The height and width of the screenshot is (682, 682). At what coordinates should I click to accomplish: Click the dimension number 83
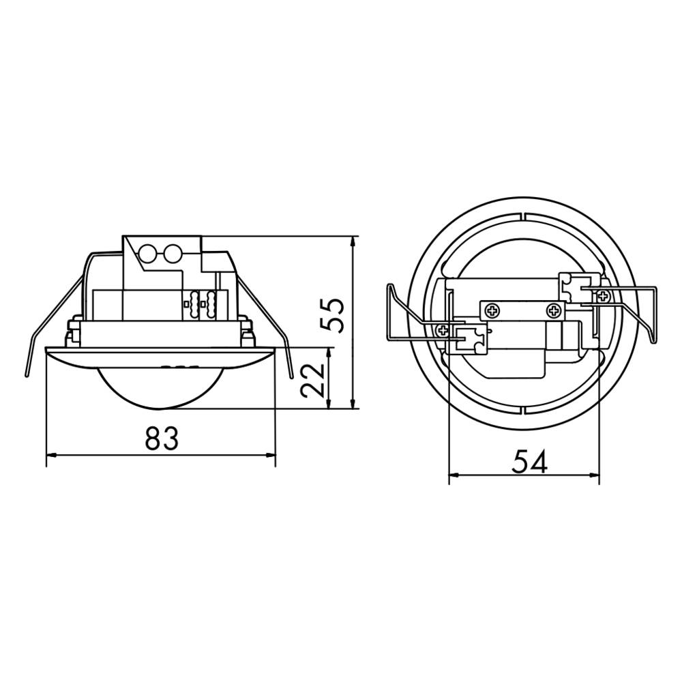point(161,439)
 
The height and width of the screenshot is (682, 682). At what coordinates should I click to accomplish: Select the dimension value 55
point(332,314)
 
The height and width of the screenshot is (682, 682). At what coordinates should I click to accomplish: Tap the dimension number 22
point(312,379)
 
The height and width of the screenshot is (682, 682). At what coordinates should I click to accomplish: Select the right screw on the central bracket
point(554,311)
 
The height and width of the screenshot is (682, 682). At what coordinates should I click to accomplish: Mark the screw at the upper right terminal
point(603,295)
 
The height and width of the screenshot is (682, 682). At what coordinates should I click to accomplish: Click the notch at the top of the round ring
point(523,217)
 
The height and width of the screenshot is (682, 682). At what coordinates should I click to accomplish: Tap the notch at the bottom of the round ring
point(523,410)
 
